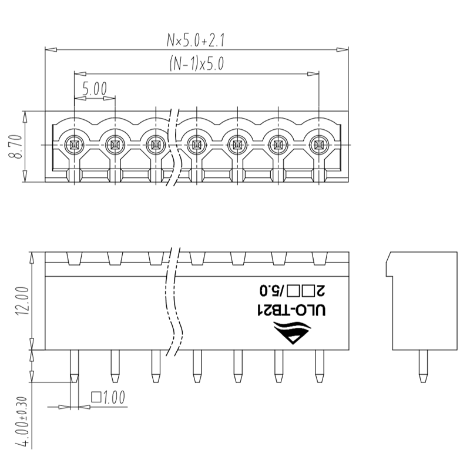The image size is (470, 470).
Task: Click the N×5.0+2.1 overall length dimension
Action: click(196, 40)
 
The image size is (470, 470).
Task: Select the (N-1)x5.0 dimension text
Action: click(197, 63)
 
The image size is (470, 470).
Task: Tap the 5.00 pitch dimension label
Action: click(95, 89)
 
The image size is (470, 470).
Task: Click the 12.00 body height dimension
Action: click(23, 301)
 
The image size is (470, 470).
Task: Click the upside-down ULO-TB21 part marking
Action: click(291, 311)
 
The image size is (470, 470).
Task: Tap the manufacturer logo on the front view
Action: click(292, 333)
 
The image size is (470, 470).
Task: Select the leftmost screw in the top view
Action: click(74, 145)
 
